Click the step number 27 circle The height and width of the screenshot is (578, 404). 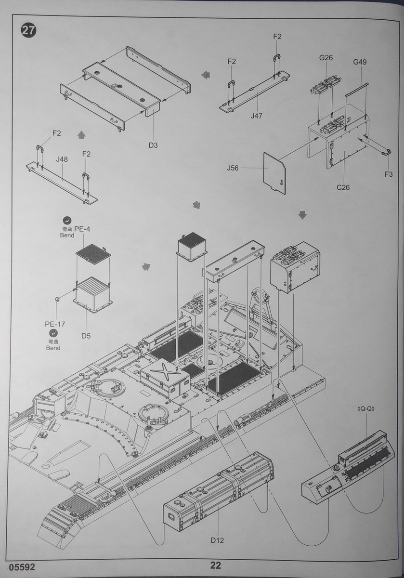pyautogui.click(x=28, y=30)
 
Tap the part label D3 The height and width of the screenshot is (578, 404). pyautogui.click(x=153, y=145)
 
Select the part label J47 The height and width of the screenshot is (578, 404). pyautogui.click(x=257, y=116)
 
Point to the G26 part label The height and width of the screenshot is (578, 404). pyautogui.click(x=326, y=58)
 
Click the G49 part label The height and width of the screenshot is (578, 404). pyautogui.click(x=360, y=62)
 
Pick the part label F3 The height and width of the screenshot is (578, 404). pyautogui.click(x=389, y=174)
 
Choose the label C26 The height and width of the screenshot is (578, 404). pyautogui.click(x=343, y=187)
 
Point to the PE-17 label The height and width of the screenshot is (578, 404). pyautogui.click(x=55, y=324)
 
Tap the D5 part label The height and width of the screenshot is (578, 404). pyautogui.click(x=86, y=335)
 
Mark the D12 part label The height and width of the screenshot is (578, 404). pyautogui.click(x=217, y=540)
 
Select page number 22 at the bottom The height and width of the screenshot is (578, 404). pyautogui.click(x=215, y=565)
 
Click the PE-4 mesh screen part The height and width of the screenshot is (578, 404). pyautogui.click(x=93, y=252)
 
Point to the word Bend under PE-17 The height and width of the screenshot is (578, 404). pyautogui.click(x=53, y=347)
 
